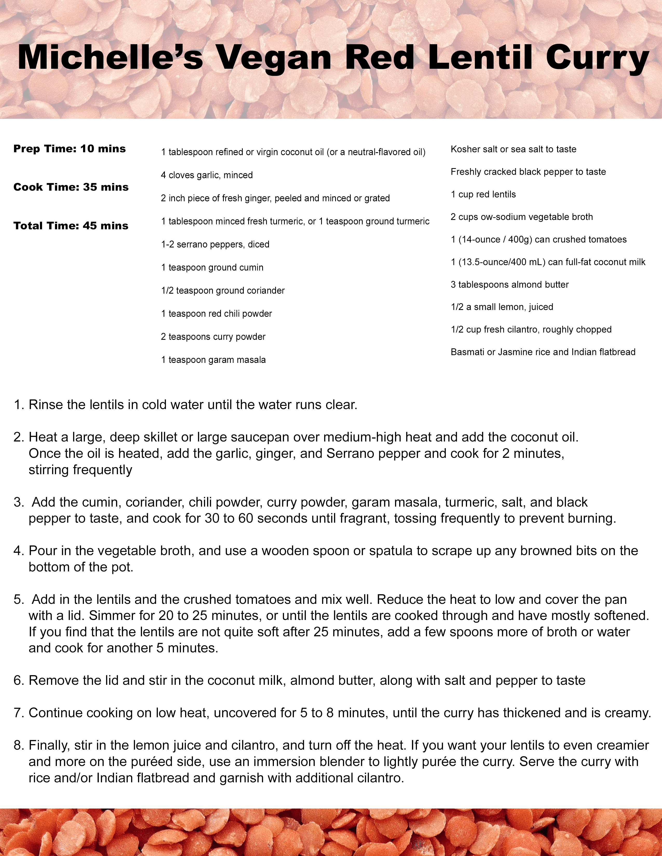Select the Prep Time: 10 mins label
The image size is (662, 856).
pos(69,149)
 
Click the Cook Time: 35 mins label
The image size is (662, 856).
pos(71,187)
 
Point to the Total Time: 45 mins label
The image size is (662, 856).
pos(71,226)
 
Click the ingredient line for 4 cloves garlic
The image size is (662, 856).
pos(207,175)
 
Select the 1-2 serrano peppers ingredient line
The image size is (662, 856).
pos(215,245)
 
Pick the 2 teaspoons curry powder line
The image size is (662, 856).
pos(213,337)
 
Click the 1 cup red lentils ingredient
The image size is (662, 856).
pos(483,194)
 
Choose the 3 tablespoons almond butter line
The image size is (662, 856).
pos(509,285)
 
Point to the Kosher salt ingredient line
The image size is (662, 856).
pos(513,149)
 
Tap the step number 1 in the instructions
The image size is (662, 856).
pos(18,405)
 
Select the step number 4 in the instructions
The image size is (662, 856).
pos(18,551)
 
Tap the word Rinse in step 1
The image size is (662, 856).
pos(45,405)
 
